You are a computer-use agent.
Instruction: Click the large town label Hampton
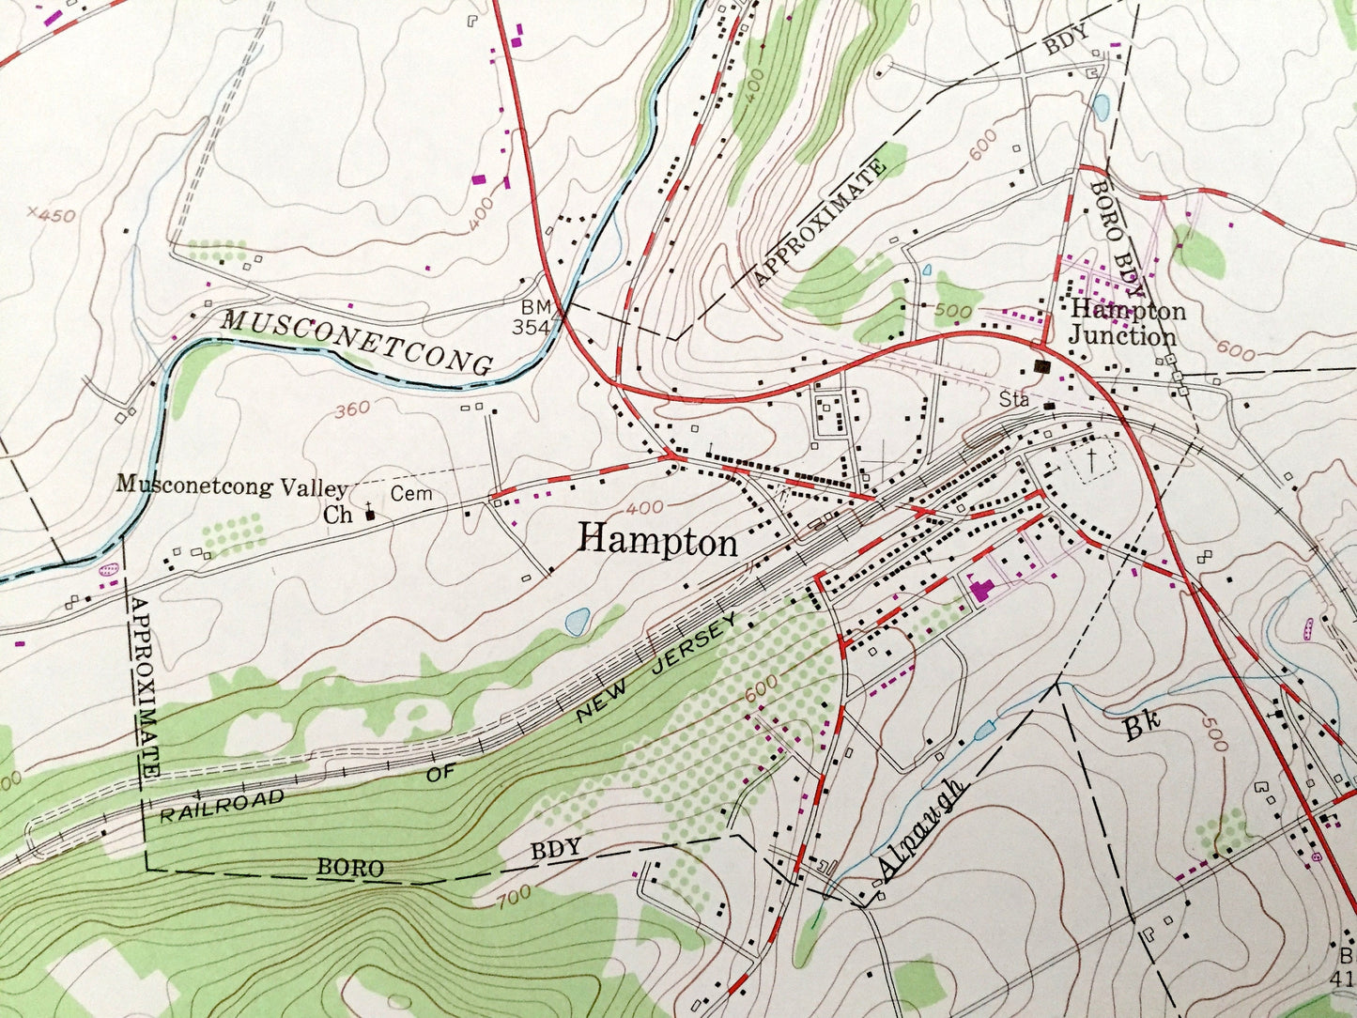(x=657, y=541)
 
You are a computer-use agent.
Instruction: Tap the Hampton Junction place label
(x=1126, y=323)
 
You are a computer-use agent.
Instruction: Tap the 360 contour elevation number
(x=352, y=409)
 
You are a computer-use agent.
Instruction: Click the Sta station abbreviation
(x=1013, y=401)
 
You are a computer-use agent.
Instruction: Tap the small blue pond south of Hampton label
(x=578, y=620)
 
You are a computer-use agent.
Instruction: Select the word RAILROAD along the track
(x=222, y=806)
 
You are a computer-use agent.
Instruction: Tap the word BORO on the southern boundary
(x=349, y=869)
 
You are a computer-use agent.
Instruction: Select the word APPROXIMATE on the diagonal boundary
(x=819, y=224)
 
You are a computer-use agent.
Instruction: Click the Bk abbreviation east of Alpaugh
(x=1142, y=725)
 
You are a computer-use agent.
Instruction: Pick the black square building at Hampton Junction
(x=1041, y=366)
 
